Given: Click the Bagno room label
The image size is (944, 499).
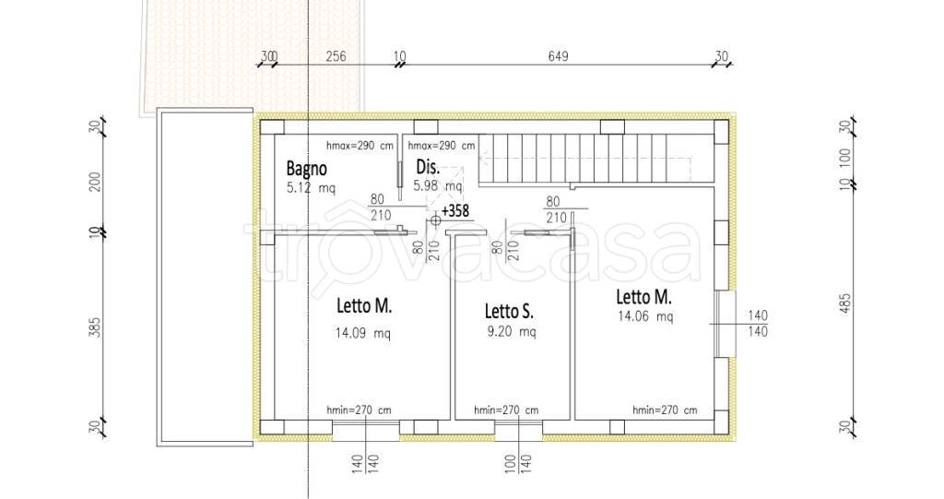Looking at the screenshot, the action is click(306, 168).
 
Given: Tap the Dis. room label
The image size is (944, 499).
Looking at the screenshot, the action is click(428, 167).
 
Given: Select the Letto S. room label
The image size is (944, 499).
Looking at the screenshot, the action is click(509, 312).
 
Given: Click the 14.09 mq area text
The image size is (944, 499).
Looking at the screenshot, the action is click(362, 332).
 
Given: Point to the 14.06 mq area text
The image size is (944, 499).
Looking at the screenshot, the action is click(645, 315).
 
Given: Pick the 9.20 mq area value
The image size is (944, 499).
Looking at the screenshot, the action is click(511, 331).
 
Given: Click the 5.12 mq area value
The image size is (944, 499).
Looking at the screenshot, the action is click(312, 187).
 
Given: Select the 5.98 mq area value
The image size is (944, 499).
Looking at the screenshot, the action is click(438, 186).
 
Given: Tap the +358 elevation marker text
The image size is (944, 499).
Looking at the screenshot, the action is click(455, 211).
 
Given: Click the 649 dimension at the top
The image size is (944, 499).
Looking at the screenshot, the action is click(558, 56).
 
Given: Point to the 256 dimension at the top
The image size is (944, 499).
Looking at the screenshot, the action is click(336, 56).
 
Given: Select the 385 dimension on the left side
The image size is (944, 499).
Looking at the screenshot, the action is click(95, 327).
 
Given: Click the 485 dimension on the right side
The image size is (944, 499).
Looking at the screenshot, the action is click(846, 305).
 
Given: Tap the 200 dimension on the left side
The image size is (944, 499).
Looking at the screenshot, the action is click(95, 182).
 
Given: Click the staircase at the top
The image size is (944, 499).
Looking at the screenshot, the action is click(596, 159).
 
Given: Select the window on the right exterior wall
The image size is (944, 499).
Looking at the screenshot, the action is click(725, 324).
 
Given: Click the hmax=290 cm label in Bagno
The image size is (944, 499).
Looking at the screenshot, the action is click(360, 145).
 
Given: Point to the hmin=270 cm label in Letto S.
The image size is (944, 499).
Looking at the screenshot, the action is click(506, 410).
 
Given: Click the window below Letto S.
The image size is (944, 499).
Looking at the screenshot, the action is click(518, 429).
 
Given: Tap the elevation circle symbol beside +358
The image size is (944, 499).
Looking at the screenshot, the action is click(435, 220).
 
